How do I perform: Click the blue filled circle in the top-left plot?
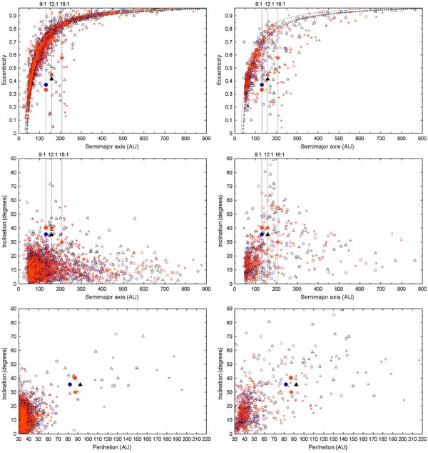point(46,84)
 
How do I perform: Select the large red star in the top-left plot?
point(62,58)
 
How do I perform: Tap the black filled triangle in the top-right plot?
point(267,79)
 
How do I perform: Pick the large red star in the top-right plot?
point(277,58)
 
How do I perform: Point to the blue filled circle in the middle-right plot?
point(262,234)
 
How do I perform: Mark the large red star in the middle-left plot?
point(62,242)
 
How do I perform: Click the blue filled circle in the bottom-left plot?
point(70,384)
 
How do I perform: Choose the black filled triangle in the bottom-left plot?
point(80,384)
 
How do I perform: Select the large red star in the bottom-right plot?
point(291,392)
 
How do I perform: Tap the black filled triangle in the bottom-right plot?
point(296,384)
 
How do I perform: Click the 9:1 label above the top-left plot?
point(42,4)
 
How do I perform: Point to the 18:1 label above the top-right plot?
point(280,4)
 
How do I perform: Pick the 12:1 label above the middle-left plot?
point(53,154)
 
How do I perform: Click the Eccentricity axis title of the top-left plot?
point(4,70)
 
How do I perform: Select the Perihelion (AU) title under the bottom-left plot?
point(112,447)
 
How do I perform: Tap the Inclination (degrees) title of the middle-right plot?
point(220,221)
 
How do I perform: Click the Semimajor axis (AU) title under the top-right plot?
point(327,146)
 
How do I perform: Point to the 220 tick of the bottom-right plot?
point(422,439)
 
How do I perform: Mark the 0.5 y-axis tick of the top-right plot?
point(229,68)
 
